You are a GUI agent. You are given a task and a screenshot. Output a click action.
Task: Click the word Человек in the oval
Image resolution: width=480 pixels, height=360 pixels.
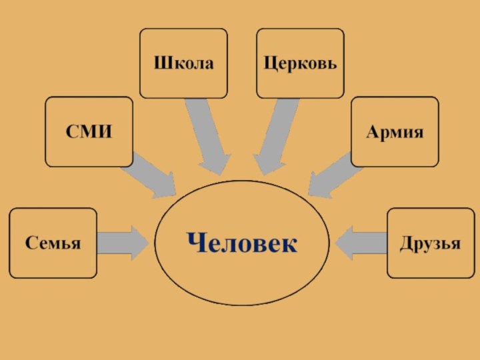pos(241,243)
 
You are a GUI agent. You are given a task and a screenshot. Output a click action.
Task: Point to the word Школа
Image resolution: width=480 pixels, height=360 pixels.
pos(183,64)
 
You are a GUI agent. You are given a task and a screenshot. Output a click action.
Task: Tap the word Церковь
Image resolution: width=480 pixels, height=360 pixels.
pos(300,64)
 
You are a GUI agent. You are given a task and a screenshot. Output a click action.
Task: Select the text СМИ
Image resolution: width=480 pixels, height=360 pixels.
pos(89,132)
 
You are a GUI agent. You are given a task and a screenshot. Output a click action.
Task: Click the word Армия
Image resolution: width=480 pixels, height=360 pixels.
pos(395,132)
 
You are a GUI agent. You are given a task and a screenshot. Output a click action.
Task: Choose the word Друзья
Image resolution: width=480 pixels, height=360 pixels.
pos(431,243)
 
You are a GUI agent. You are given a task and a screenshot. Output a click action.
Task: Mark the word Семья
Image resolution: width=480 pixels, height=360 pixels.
pos(53,243)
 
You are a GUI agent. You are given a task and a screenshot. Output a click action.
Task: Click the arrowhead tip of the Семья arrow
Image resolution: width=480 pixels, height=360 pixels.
pos(147,243)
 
